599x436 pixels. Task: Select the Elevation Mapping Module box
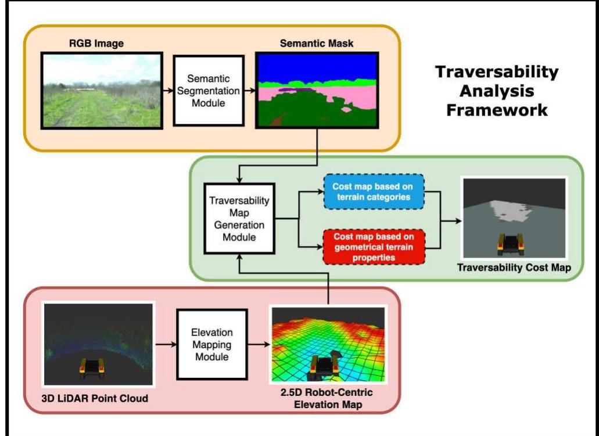tap(212, 344)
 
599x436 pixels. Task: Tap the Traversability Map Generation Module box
tap(238, 218)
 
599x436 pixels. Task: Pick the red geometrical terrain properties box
tap(374, 246)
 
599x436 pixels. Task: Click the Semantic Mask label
tap(317, 43)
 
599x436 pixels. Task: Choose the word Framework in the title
tap(497, 110)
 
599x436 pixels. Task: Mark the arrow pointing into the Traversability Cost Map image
tap(450, 221)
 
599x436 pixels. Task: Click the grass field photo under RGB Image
tap(101, 90)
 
